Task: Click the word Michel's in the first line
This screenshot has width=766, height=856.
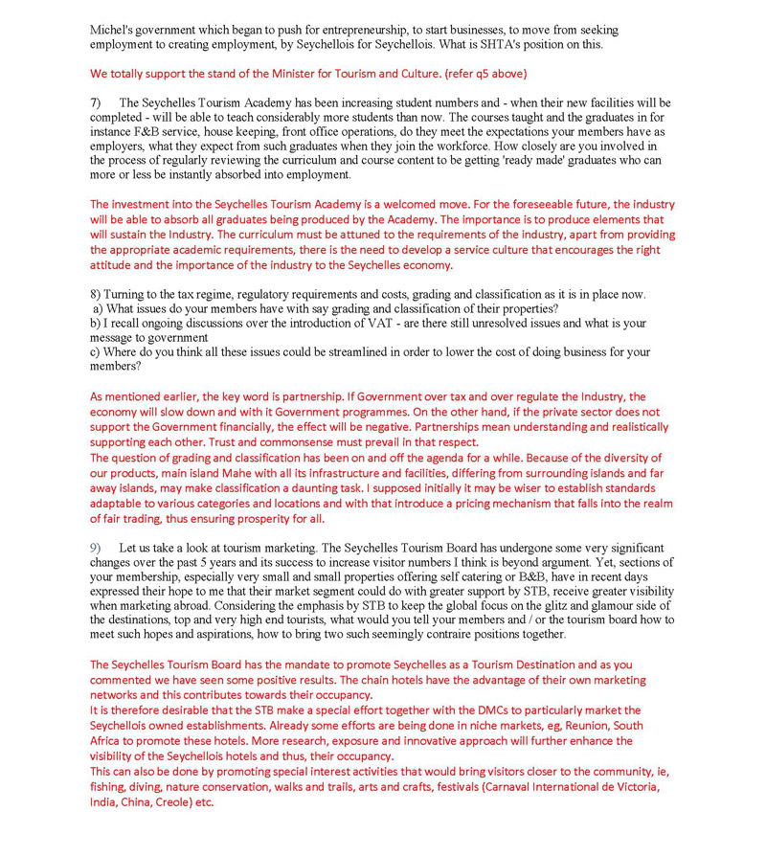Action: (111, 29)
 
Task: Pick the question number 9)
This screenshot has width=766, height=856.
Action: (97, 547)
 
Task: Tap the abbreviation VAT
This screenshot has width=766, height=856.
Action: (355, 324)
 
